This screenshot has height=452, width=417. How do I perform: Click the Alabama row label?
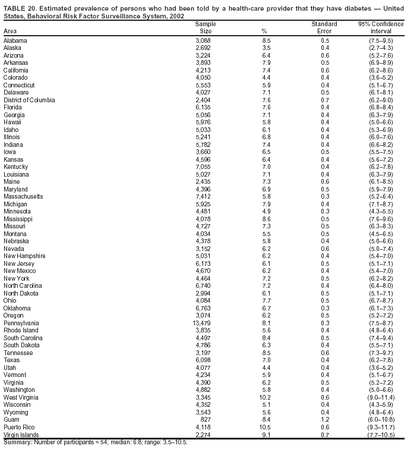click(x=15, y=40)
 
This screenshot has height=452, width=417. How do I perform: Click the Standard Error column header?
click(x=324, y=27)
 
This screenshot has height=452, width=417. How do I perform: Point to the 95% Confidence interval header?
click(x=381, y=27)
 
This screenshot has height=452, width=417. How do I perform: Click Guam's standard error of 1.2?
click(x=325, y=419)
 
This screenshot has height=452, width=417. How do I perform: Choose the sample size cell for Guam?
click(x=203, y=419)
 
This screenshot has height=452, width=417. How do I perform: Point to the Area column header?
click(x=10, y=31)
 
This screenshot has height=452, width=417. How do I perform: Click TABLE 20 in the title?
click(x=20, y=8)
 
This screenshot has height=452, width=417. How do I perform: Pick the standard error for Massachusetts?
click(x=325, y=196)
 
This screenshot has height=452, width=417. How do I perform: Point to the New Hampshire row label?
click(x=24, y=256)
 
